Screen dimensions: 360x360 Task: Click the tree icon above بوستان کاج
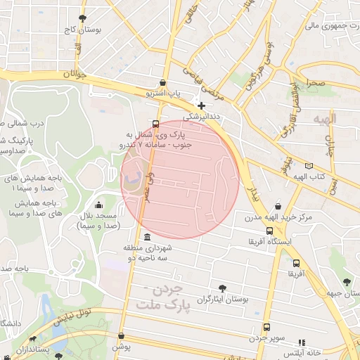pyautogui.click(x=84, y=18)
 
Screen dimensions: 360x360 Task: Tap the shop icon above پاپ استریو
pyautogui.click(x=164, y=82)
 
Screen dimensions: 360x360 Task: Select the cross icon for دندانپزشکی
pyautogui.click(x=202, y=105)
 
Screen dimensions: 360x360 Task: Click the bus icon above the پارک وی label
pyautogui.click(x=155, y=122)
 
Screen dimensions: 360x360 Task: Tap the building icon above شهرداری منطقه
pyautogui.click(x=146, y=237)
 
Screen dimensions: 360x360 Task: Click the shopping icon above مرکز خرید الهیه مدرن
pyautogui.click(x=279, y=207)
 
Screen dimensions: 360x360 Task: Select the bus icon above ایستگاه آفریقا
pyautogui.click(x=269, y=231)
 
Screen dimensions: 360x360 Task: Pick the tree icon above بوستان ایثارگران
pyautogui.click(x=223, y=288)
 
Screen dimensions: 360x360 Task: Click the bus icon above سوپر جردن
pyautogui.click(x=266, y=327)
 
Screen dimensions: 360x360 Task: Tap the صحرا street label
pyautogui.click(x=314, y=83)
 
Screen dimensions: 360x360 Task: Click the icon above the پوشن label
pyautogui.click(x=122, y=336)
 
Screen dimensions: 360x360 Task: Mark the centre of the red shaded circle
pyautogui.click(x=180, y=179)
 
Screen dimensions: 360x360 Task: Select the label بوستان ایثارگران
pyautogui.click(x=224, y=300)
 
